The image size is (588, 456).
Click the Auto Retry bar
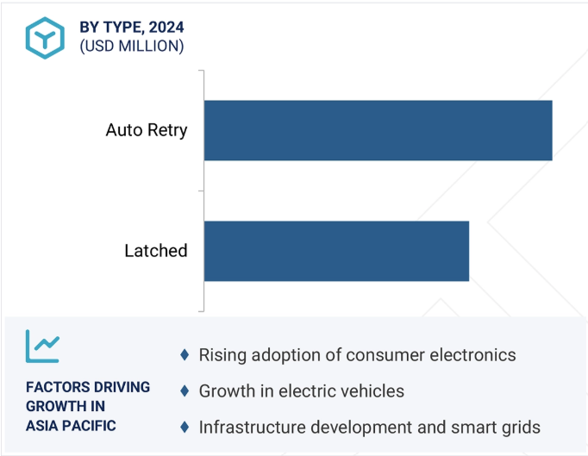coord(378,130)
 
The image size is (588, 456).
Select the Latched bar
coord(336,251)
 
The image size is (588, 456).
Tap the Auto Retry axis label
coord(147,131)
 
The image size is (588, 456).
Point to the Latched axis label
coord(156,251)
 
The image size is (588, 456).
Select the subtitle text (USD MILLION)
coord(132,47)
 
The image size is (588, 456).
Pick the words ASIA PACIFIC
coord(71,425)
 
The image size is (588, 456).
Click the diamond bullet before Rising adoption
coord(184,355)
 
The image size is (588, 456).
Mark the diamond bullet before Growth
coord(184,391)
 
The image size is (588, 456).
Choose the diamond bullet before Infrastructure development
coord(184,428)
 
